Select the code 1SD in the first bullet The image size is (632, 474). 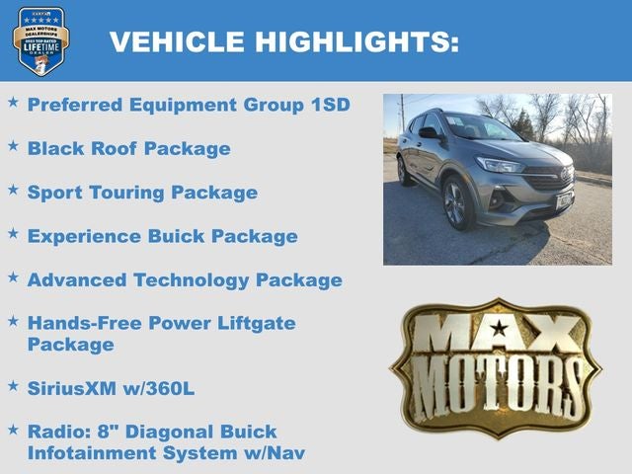tap(325, 105)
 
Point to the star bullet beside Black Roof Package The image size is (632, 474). tap(13, 145)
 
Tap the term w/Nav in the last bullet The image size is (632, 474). tap(276, 453)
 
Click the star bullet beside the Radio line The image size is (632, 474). tap(13, 430)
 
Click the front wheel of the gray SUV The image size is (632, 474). tap(456, 204)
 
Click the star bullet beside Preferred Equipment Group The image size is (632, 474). tap(13, 102)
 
